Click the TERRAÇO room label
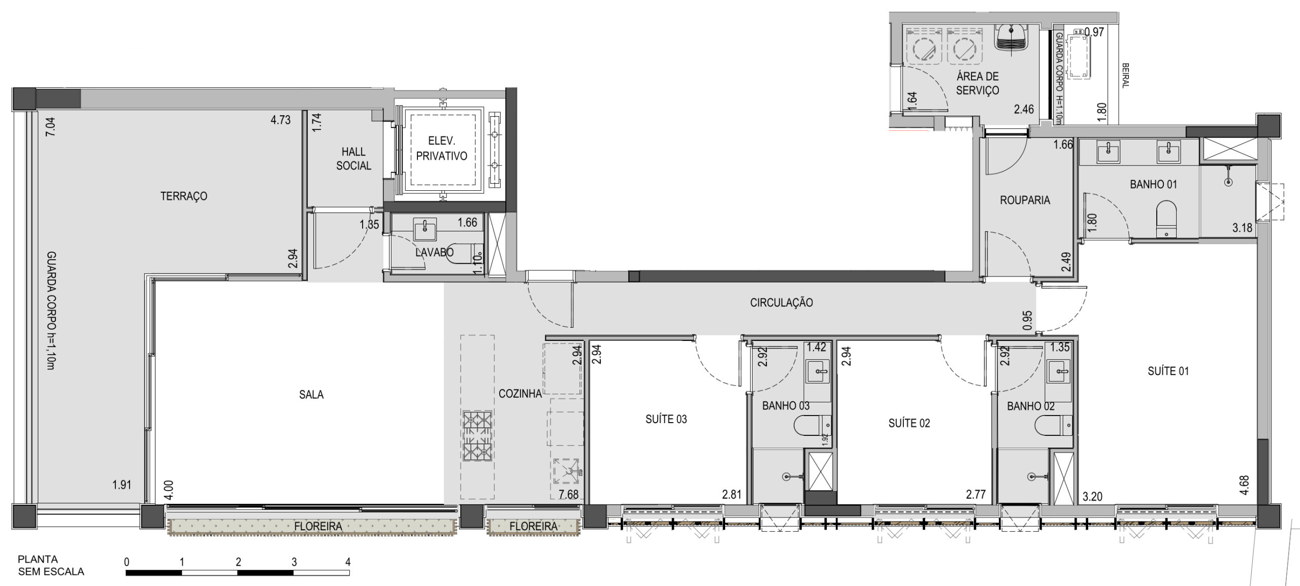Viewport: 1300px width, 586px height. [184, 196]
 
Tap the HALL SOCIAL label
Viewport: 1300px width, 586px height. [353, 158]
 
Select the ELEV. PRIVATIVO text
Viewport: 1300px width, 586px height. [441, 149]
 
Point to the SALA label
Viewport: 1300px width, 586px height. [311, 394]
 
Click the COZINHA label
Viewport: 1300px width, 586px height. [520, 393]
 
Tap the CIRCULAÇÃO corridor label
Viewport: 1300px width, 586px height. [782, 302]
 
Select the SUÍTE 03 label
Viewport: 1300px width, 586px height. [666, 419]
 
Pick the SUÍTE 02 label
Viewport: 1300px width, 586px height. [909, 423]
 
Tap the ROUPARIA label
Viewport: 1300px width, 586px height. [1025, 200]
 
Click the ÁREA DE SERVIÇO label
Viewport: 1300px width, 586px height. [978, 83]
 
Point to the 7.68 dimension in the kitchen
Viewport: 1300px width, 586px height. [568, 494]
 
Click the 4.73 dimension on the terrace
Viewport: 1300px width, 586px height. [280, 120]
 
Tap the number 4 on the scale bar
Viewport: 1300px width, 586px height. [348, 562]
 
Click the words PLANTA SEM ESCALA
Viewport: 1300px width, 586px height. [51, 566]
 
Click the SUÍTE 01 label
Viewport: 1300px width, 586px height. [1168, 371]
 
